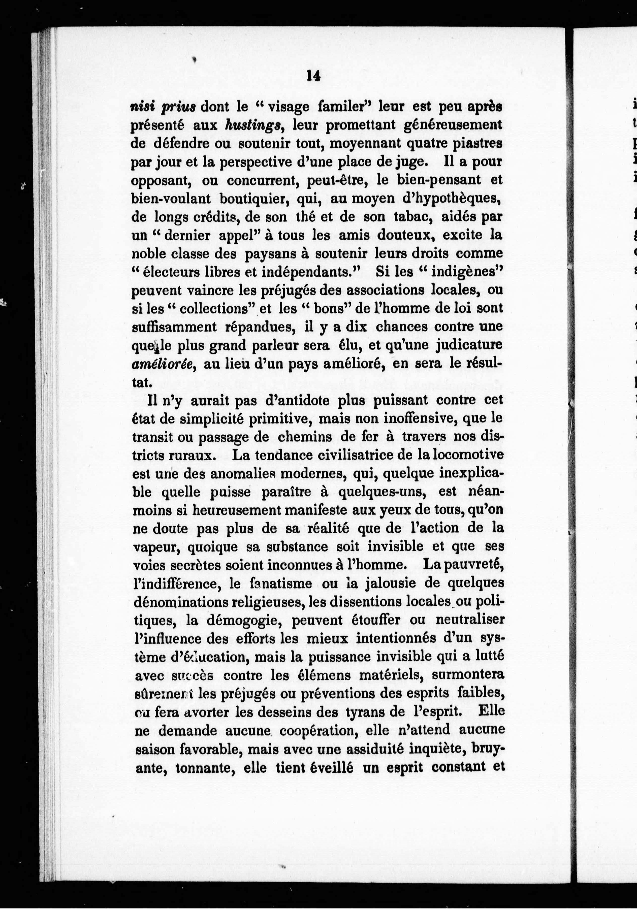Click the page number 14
pos(313,76)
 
